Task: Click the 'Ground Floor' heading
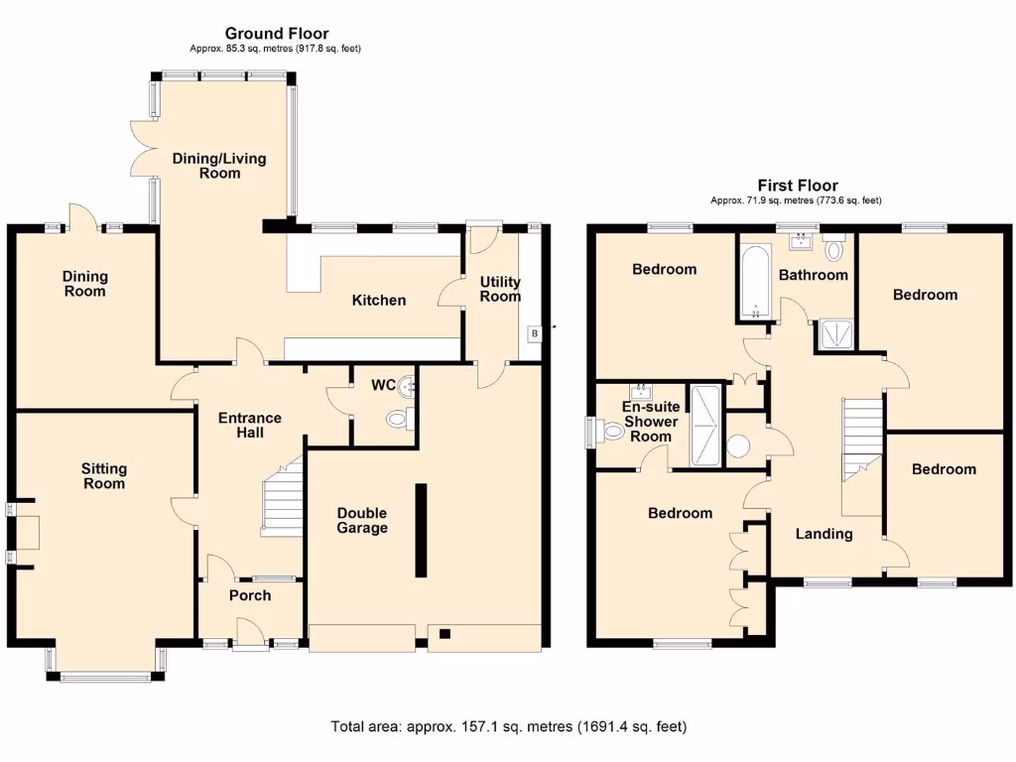pos(276,34)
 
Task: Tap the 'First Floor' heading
pos(797,186)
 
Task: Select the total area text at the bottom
pos(508,726)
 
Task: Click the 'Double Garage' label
pos(361,520)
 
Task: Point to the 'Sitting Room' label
pos(104,476)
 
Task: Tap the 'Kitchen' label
pos(380,300)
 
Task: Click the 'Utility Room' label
pos(500,290)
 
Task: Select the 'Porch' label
pos(249,595)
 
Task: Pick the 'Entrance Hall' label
pos(249,426)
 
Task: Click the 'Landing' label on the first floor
pos(825,534)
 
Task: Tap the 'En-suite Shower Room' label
pos(651,422)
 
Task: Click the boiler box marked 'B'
pos(534,332)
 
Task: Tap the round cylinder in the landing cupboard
pos(739,445)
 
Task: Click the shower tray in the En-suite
pos(706,426)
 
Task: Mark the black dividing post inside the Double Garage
pos(421,530)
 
